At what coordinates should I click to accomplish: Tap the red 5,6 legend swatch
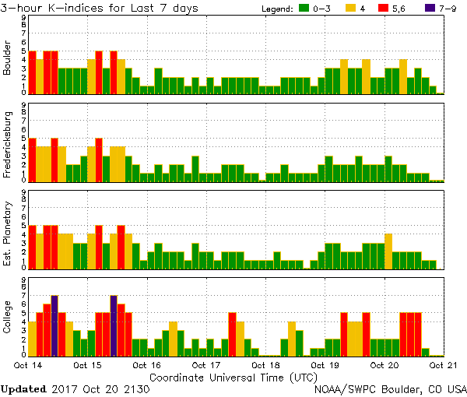pyautogui.click(x=393, y=9)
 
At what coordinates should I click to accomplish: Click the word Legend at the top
pyautogui.click(x=274, y=9)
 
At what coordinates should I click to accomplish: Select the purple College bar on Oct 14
pyautogui.click(x=54, y=325)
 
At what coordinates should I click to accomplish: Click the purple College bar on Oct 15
pyautogui.click(x=114, y=325)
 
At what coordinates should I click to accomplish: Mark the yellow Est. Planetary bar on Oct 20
pyautogui.click(x=388, y=251)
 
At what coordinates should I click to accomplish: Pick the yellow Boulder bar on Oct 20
pyautogui.click(x=403, y=76)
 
